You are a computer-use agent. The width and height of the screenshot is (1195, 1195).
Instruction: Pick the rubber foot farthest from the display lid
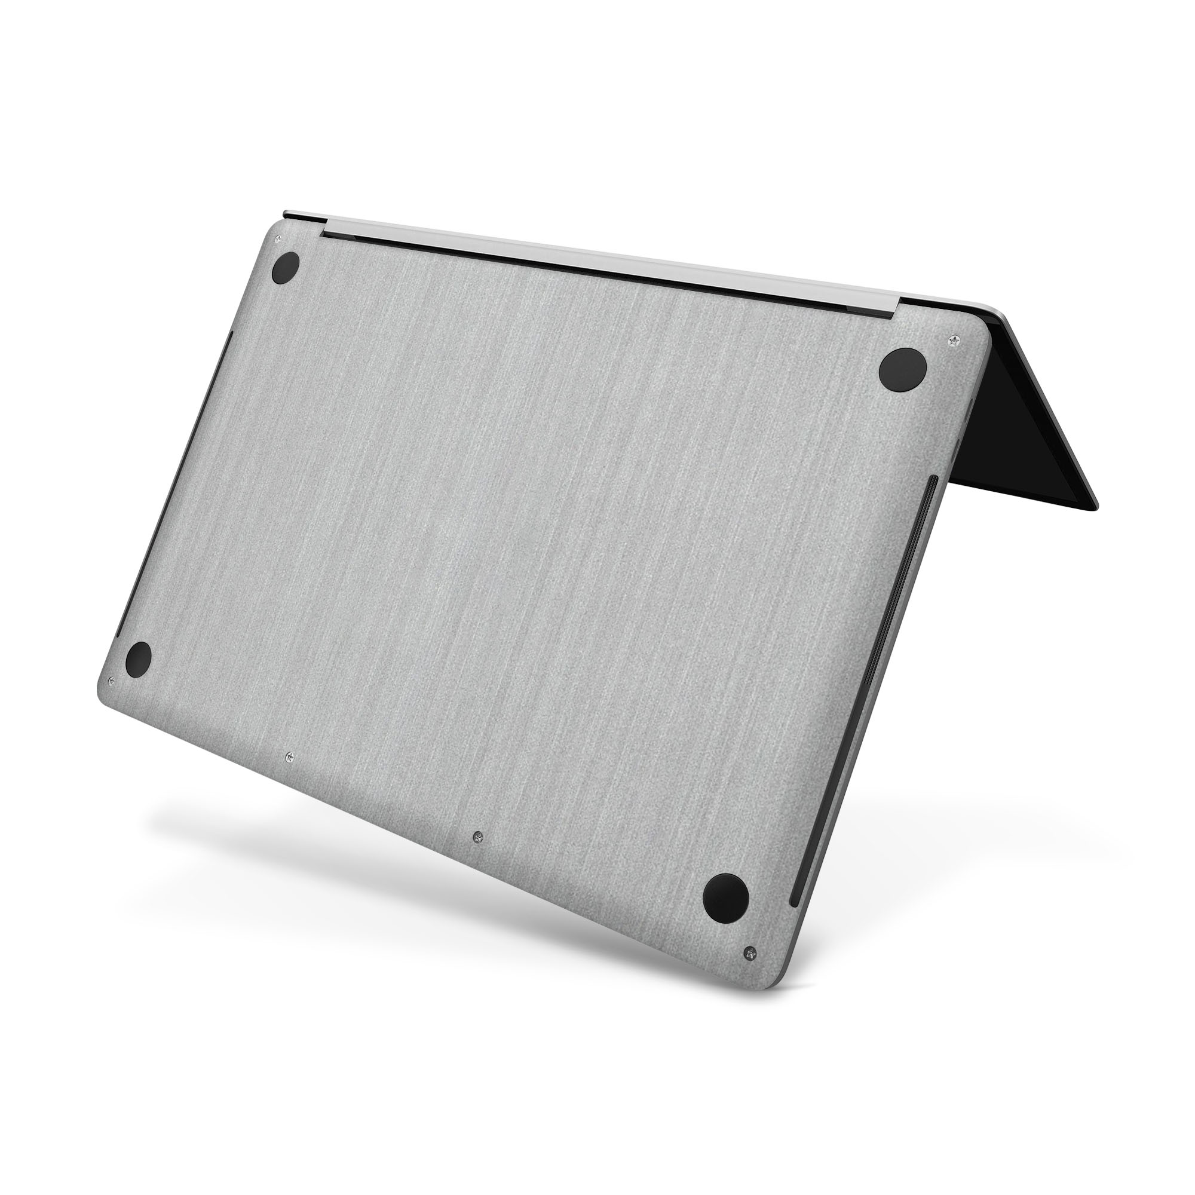138,660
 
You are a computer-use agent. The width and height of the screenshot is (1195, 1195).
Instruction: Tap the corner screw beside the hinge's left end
277,238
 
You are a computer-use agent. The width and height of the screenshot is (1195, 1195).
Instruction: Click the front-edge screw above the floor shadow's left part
289,756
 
